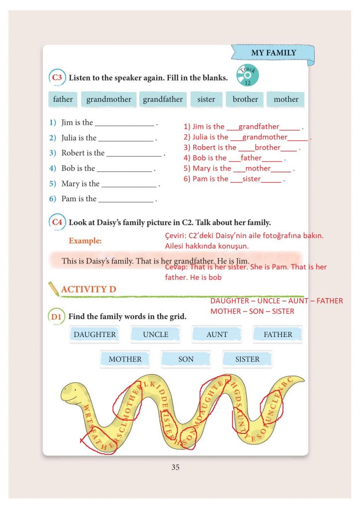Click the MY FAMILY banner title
(x=273, y=53)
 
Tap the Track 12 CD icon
(x=247, y=75)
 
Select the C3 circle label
(x=57, y=78)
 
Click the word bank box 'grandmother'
(x=108, y=99)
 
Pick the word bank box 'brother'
(x=245, y=99)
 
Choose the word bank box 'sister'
(x=206, y=99)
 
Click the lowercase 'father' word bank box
(x=63, y=99)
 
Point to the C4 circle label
(x=57, y=223)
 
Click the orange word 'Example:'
(x=85, y=241)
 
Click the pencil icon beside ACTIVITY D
(x=53, y=289)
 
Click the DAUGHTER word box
(x=94, y=335)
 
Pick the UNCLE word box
(x=156, y=335)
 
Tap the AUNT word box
(x=217, y=335)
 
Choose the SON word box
(x=186, y=359)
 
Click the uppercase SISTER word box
(x=247, y=359)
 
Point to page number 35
(x=175, y=467)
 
